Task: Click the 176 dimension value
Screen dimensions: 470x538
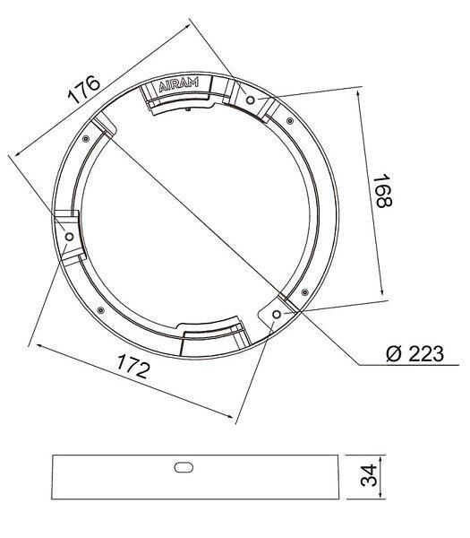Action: coord(84,89)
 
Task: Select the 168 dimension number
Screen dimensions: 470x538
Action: coord(382,191)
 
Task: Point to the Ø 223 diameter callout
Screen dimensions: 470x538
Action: coord(414,354)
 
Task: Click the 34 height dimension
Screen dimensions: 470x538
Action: coord(369,475)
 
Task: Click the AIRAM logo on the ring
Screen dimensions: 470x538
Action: coord(178,85)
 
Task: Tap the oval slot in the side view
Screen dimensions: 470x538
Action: coord(184,467)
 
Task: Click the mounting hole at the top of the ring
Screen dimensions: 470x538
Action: coord(251,100)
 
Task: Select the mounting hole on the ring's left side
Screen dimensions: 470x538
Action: coord(69,237)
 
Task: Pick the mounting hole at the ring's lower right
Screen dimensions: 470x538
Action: coord(277,314)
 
